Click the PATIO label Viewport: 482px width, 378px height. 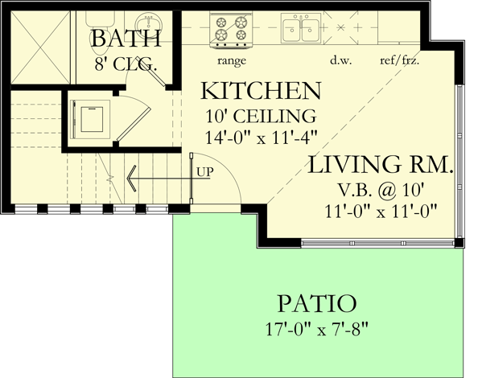click(x=317, y=304)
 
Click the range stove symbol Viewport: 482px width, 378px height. click(x=231, y=29)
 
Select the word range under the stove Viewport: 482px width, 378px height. click(x=231, y=60)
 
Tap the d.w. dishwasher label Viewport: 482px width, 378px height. click(x=338, y=60)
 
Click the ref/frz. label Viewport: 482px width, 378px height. click(x=399, y=60)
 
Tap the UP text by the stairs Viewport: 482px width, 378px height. click(x=204, y=171)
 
